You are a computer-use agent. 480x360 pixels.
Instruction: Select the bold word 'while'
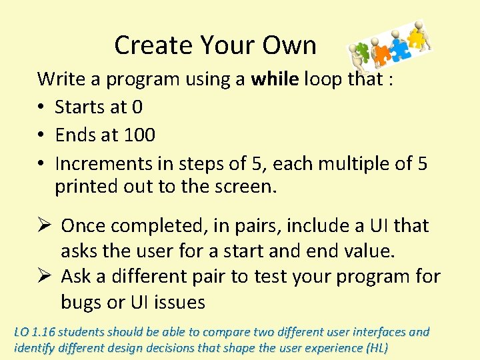pos(275,79)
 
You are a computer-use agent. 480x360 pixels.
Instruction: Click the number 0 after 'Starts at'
pos(137,107)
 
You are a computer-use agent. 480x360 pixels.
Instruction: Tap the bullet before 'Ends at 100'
pos(42,135)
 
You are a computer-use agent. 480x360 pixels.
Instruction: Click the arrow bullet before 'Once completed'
pos(44,226)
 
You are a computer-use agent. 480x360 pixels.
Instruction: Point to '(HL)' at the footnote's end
pos(375,347)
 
